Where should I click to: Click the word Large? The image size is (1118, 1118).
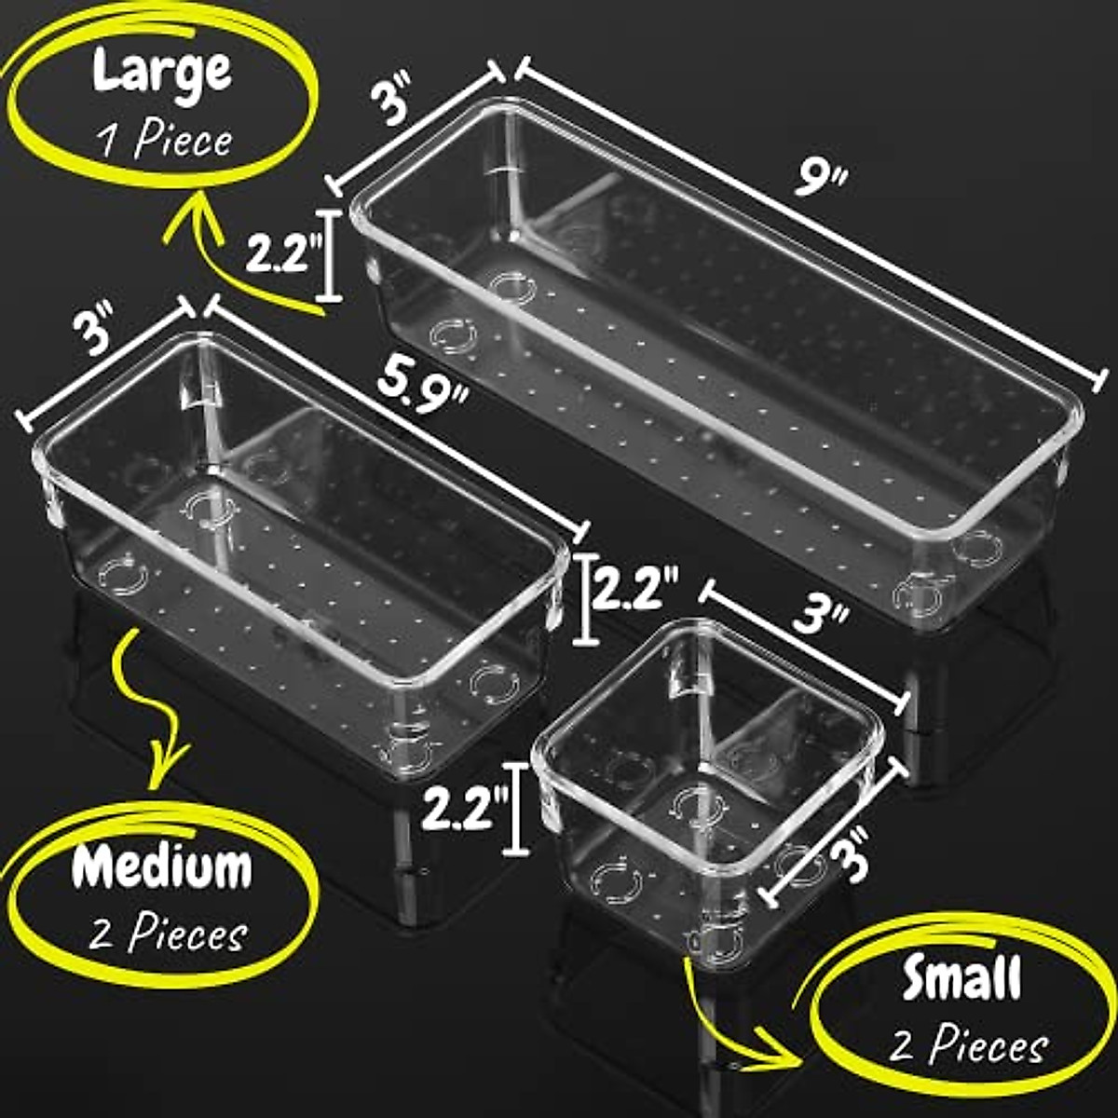pos(161,72)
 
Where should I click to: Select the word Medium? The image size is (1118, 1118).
pos(162,867)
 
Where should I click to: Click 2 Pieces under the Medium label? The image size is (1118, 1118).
pos(169,933)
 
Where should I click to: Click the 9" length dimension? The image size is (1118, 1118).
pos(820,177)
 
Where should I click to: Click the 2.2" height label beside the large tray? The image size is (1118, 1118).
pos(283,254)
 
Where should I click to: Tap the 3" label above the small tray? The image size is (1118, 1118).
pos(821,618)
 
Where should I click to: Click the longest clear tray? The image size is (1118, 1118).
pos(717,363)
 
